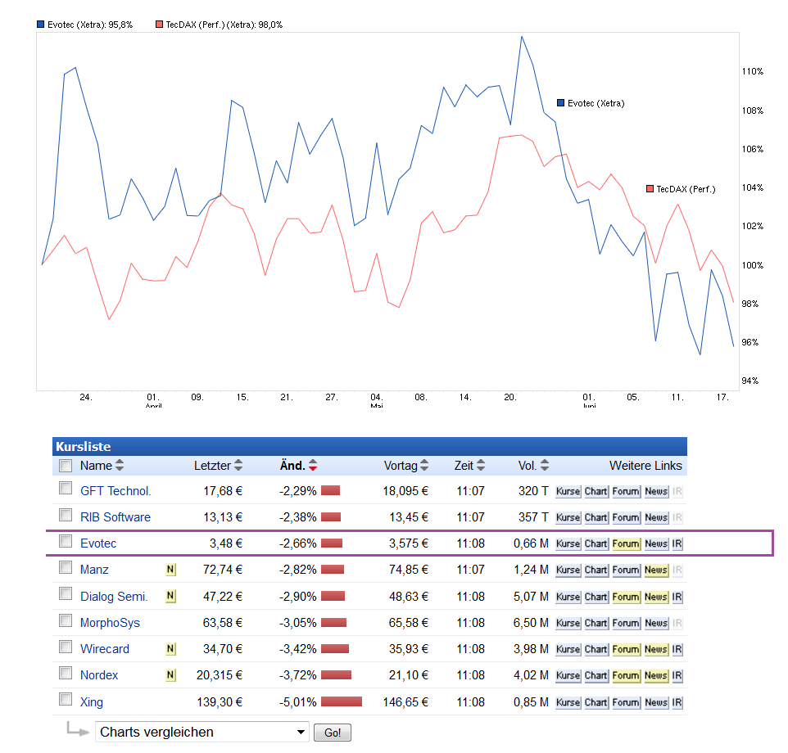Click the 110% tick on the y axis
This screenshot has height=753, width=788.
tap(752, 72)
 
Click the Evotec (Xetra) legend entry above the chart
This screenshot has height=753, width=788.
tap(84, 25)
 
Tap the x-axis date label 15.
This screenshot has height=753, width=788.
tap(242, 397)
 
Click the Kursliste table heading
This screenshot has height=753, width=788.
tap(83, 447)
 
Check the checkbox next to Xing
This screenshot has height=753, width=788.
tap(66, 700)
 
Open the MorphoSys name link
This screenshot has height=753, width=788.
tap(110, 623)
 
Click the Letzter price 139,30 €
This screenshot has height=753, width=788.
tap(216, 702)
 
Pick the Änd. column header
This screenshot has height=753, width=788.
tap(292, 466)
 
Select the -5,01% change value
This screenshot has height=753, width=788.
tap(298, 702)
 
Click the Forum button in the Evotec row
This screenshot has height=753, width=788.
tap(626, 544)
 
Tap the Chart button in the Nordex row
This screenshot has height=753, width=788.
tap(596, 676)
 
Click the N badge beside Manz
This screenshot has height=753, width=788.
tap(170, 570)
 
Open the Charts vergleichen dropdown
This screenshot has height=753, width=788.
tap(202, 732)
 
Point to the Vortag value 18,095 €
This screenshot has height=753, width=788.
tap(405, 491)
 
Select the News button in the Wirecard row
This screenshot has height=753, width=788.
tap(656, 649)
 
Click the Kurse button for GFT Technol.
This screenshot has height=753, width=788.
tap(568, 492)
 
